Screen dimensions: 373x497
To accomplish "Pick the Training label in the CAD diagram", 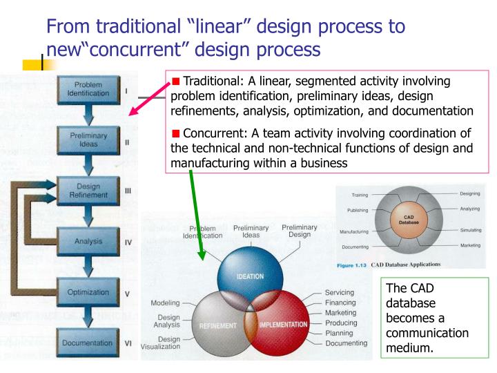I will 359,195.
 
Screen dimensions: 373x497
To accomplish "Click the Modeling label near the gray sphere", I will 164,303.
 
